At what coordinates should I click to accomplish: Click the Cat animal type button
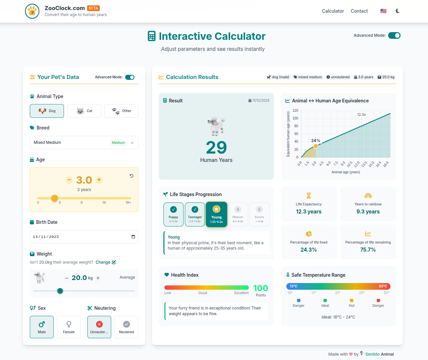(84, 111)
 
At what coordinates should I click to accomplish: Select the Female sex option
(69, 327)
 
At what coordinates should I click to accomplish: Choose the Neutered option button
(126, 327)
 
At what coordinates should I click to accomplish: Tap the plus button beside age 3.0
(99, 180)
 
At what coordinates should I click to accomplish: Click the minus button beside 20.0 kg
(67, 278)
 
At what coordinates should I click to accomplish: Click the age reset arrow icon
(132, 176)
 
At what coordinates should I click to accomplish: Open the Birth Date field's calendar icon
(133, 237)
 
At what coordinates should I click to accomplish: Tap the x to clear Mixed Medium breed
(132, 143)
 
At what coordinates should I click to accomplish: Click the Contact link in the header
(359, 11)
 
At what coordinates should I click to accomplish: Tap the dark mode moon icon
(398, 11)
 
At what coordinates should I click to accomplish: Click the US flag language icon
(383, 11)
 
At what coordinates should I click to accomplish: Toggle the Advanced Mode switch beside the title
(394, 35)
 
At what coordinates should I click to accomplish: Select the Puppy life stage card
(173, 214)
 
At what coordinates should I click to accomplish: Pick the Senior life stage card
(259, 214)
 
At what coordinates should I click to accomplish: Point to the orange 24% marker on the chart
(315, 146)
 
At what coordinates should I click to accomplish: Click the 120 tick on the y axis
(295, 110)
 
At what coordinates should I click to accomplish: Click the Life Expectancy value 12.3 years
(308, 211)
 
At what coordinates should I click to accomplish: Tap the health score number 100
(261, 288)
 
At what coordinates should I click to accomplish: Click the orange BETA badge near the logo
(93, 8)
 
